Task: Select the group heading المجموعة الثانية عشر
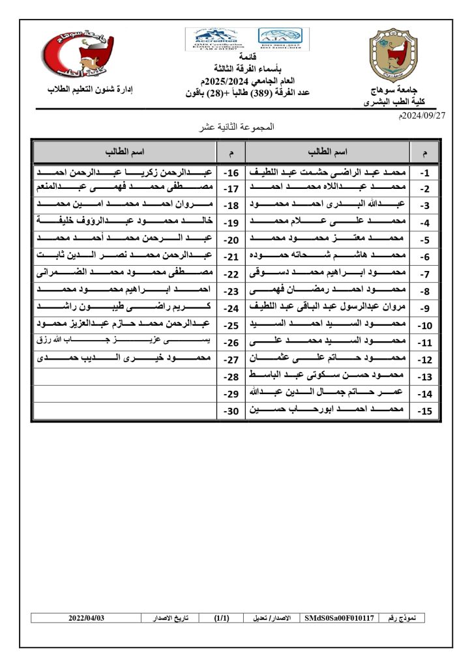tap(237, 128)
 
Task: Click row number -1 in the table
tap(424, 174)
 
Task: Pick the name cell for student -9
tap(327, 307)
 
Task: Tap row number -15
tap(424, 411)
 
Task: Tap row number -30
tap(231, 411)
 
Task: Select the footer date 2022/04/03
tap(87, 617)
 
